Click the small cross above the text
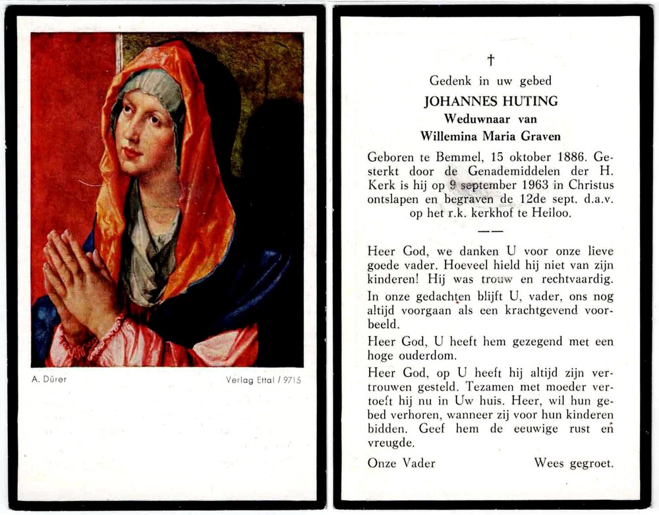(x=490, y=60)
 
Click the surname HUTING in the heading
(x=529, y=101)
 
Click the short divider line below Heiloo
(x=490, y=231)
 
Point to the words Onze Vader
(x=401, y=463)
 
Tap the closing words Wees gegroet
(x=573, y=463)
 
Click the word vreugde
(x=391, y=443)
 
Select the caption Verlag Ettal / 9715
(x=263, y=380)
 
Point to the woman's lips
(x=132, y=152)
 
